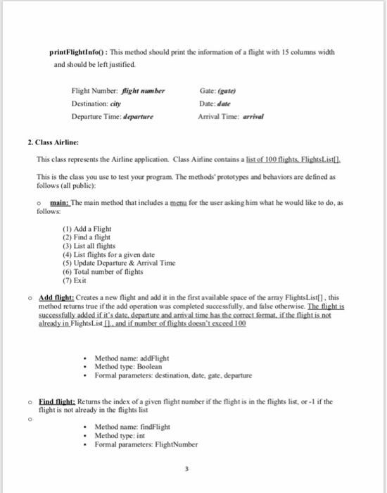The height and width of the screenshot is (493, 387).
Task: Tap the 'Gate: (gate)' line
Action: click(x=219, y=91)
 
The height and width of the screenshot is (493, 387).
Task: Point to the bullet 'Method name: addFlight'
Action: click(x=131, y=358)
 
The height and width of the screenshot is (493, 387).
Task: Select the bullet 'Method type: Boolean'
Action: click(x=128, y=366)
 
